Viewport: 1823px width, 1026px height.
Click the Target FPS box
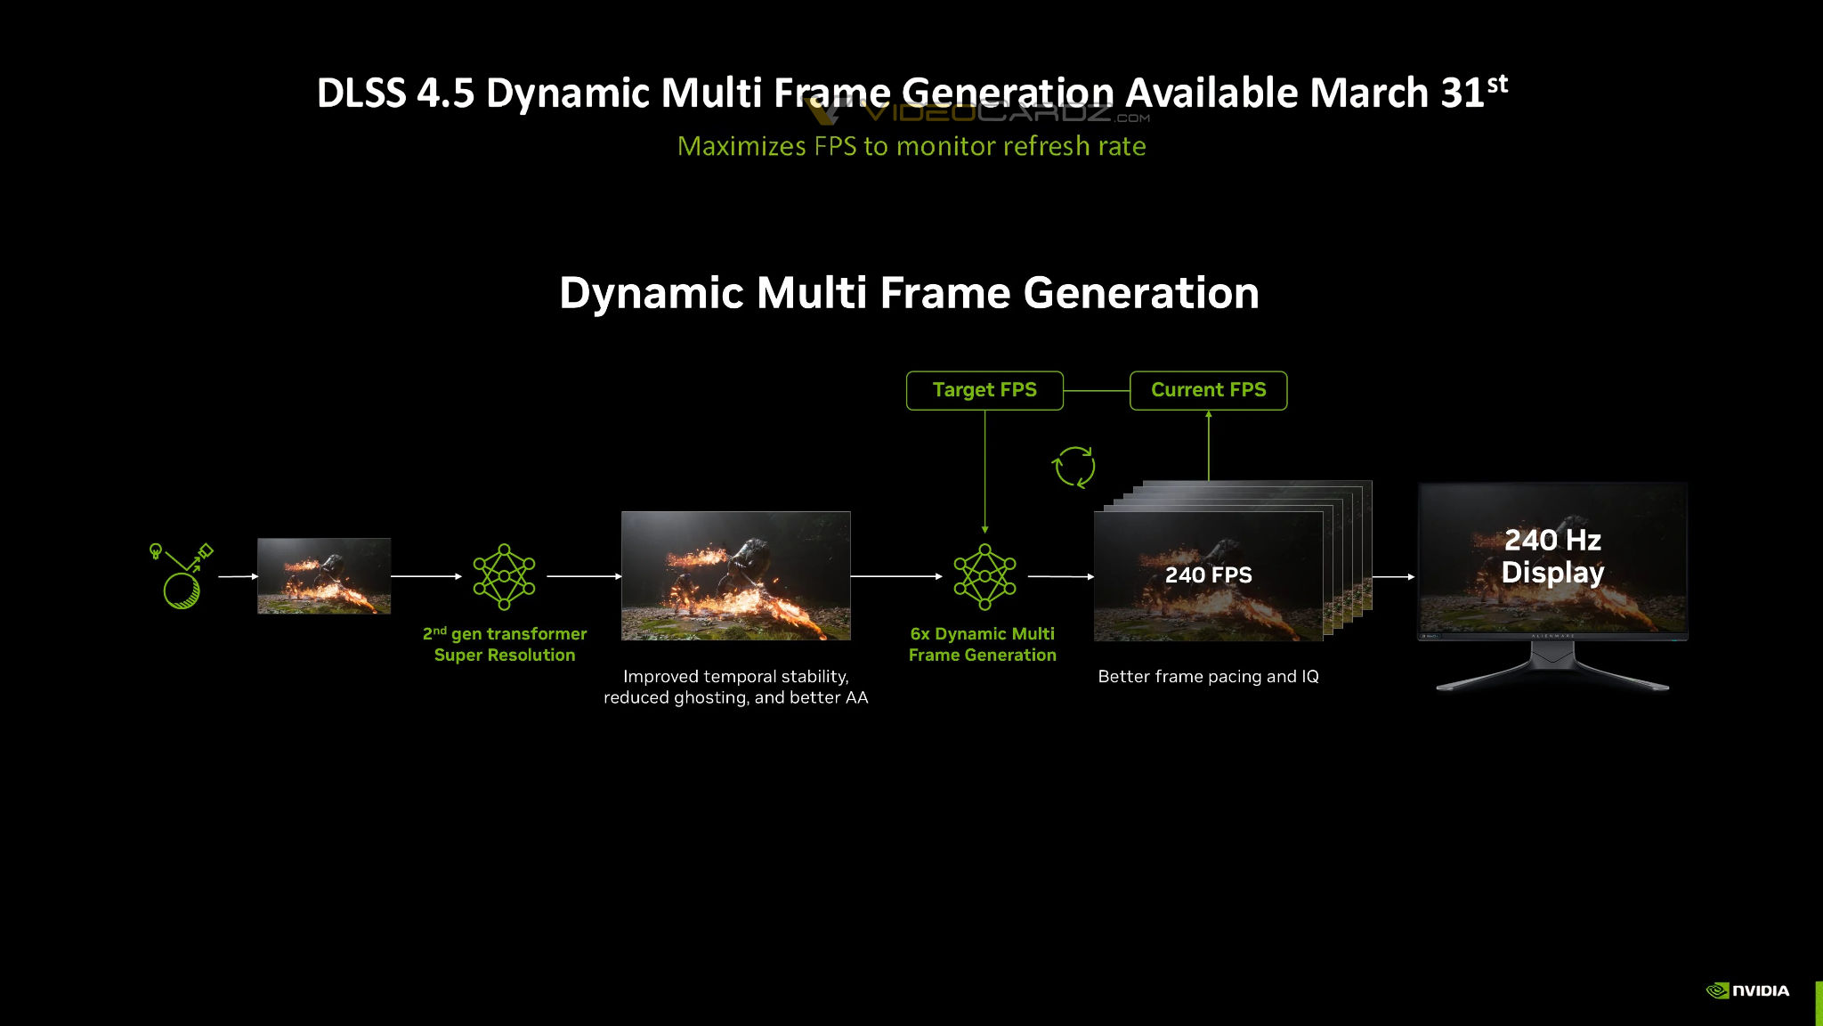pyautogui.click(x=984, y=390)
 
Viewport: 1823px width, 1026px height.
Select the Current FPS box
pyautogui.click(x=1208, y=390)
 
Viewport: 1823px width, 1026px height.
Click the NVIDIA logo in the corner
pyautogui.click(x=1747, y=990)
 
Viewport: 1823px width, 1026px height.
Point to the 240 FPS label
pyautogui.click(x=1208, y=575)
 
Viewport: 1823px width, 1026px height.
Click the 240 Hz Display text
pyautogui.click(x=1552, y=556)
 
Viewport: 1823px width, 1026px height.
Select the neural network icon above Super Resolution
pyautogui.click(x=504, y=576)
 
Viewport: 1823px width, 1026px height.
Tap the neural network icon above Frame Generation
pyautogui.click(x=984, y=576)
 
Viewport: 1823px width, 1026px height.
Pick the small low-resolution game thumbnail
pyautogui.click(x=324, y=576)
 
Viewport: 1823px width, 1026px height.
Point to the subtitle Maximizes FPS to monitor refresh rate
pyautogui.click(x=911, y=146)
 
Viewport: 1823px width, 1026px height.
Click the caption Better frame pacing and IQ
pyautogui.click(x=1208, y=677)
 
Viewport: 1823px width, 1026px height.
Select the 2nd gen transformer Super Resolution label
pyautogui.click(x=505, y=644)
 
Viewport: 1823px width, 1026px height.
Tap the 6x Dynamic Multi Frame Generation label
pyautogui.click(x=983, y=644)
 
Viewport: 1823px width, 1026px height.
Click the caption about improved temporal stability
pyautogui.click(x=736, y=687)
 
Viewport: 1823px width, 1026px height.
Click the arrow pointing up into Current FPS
pyautogui.click(x=1209, y=445)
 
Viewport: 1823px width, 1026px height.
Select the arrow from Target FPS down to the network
pyautogui.click(x=984, y=472)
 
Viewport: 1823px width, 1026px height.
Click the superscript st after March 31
pyautogui.click(x=1497, y=84)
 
